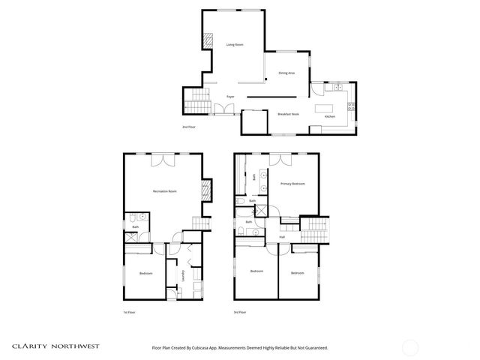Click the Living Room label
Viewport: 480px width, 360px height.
click(x=235, y=45)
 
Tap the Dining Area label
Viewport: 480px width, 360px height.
click(x=286, y=73)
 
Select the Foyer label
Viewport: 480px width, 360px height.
click(x=231, y=97)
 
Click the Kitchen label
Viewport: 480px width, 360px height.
click(x=330, y=117)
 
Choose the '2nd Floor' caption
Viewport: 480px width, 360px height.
click(x=189, y=127)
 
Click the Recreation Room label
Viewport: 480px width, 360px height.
click(x=164, y=192)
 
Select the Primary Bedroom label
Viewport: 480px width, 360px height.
click(x=292, y=184)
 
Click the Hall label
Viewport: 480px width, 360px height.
click(x=282, y=237)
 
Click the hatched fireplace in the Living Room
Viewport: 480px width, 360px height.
click(x=208, y=43)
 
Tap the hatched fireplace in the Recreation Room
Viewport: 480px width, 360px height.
click(x=208, y=190)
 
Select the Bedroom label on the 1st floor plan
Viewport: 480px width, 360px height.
click(x=145, y=274)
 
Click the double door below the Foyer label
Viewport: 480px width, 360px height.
click(x=223, y=109)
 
